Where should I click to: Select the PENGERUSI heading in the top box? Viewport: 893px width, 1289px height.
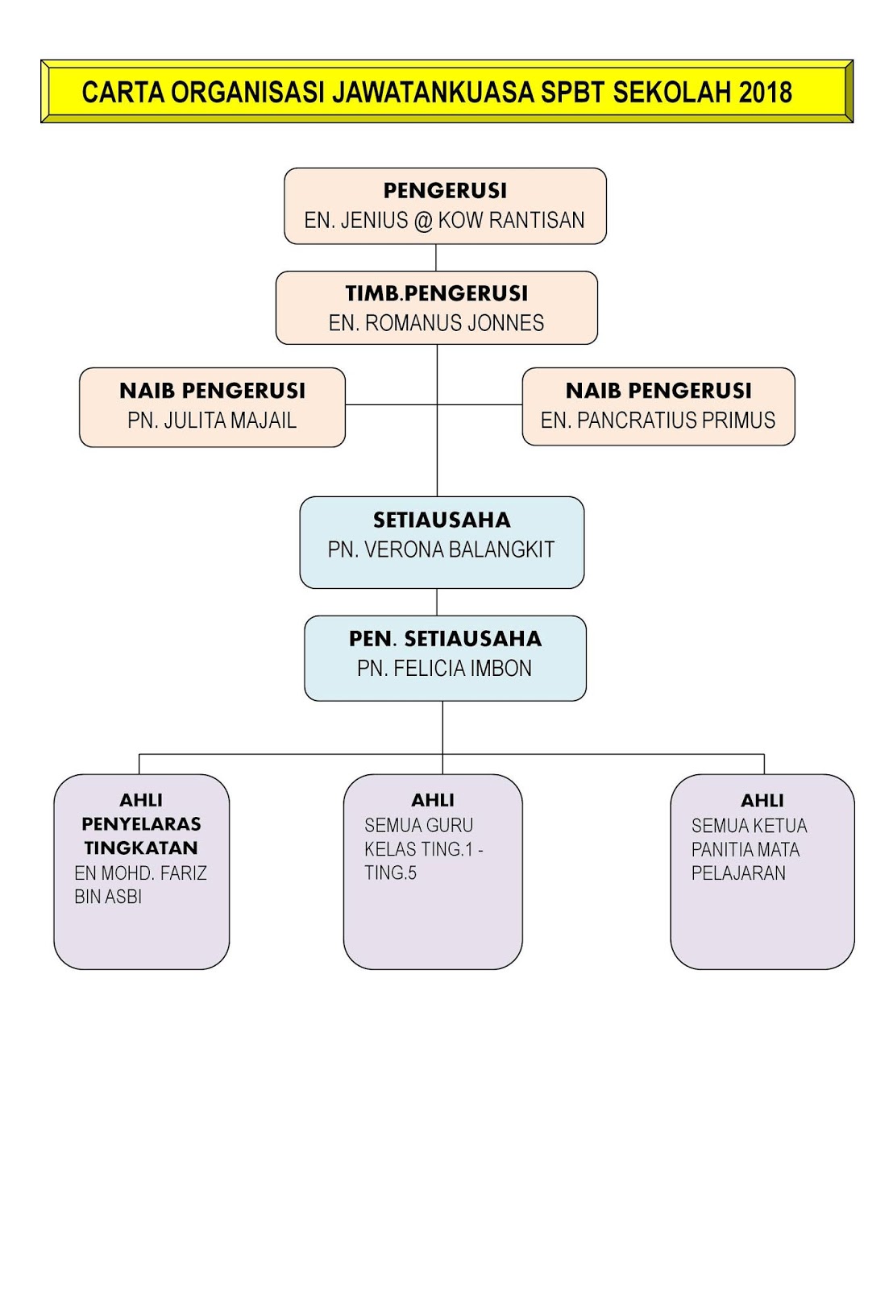445,191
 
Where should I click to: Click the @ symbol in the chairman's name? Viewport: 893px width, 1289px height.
423,221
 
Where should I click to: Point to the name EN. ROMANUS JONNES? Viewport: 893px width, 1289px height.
436,323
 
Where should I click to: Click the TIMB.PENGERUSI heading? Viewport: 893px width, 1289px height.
437,293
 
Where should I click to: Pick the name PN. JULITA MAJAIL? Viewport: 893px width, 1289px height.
212,421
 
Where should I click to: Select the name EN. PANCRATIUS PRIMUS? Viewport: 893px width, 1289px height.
658,421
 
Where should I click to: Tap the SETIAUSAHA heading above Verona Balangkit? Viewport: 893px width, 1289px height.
442,520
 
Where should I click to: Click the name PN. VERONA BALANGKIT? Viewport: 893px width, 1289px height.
441,550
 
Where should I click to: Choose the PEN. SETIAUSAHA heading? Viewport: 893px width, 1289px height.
445,639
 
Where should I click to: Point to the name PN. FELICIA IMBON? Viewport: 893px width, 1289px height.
444,669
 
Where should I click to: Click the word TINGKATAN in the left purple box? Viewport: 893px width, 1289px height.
141,848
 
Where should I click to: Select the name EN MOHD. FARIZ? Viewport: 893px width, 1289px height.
141,873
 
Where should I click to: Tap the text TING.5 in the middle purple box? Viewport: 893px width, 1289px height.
390,873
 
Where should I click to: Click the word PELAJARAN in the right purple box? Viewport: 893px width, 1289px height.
738,873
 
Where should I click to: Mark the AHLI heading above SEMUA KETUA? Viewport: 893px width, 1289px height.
762,800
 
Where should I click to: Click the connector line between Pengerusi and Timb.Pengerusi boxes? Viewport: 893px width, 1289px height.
436,258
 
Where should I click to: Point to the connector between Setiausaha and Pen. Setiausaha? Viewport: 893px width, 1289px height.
437,602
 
